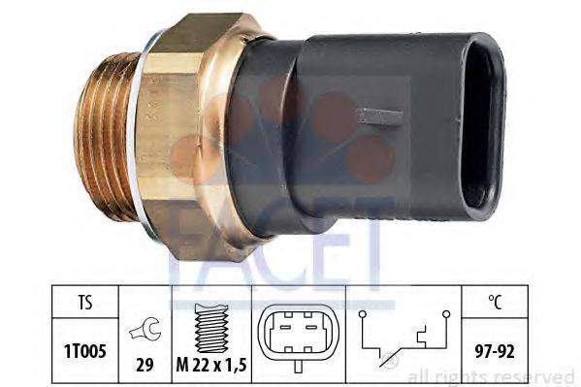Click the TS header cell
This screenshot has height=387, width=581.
(x=85, y=302)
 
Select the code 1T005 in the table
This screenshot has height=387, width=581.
(x=85, y=351)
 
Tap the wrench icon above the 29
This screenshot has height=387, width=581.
(x=145, y=329)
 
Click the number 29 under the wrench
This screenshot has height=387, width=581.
(x=145, y=365)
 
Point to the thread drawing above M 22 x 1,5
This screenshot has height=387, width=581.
(x=211, y=328)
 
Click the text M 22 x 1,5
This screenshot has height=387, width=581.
(x=211, y=365)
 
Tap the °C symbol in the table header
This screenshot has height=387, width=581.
(x=495, y=302)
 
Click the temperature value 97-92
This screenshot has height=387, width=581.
(x=495, y=351)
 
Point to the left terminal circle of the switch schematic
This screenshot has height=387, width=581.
(x=363, y=314)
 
